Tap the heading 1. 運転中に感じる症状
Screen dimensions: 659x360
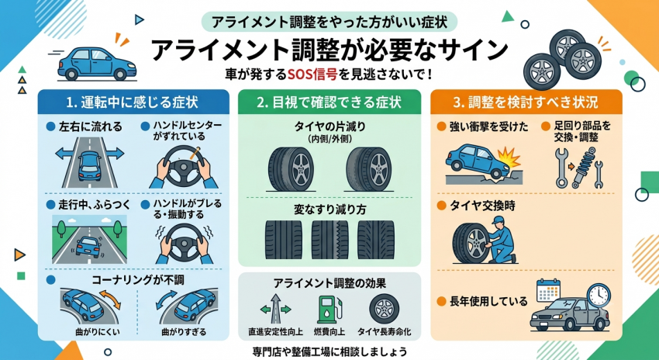(133, 102)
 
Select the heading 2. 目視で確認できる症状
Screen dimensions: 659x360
(329, 102)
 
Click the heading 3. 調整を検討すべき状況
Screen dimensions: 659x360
(526, 102)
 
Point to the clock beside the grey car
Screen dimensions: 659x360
(599, 296)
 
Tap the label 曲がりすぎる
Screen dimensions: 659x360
(184, 332)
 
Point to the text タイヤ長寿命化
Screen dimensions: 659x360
(384, 332)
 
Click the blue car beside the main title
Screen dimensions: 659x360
(97, 64)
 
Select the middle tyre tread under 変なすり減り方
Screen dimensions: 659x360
(329, 239)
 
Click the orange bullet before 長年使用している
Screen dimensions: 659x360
(441, 301)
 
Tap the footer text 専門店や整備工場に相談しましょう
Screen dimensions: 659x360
(329, 351)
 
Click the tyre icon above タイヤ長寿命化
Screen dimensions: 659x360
(384, 309)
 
